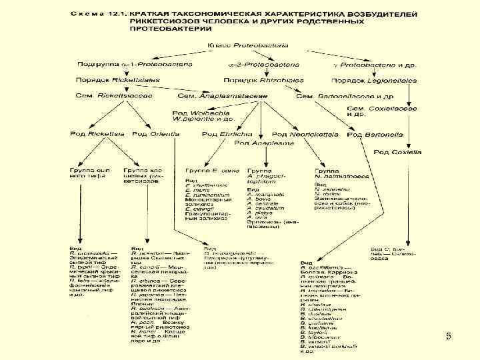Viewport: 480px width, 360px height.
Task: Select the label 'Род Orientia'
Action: tap(156, 134)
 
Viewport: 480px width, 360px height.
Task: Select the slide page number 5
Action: tap(448, 338)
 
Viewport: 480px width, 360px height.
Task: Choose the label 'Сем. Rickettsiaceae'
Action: tap(115, 96)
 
